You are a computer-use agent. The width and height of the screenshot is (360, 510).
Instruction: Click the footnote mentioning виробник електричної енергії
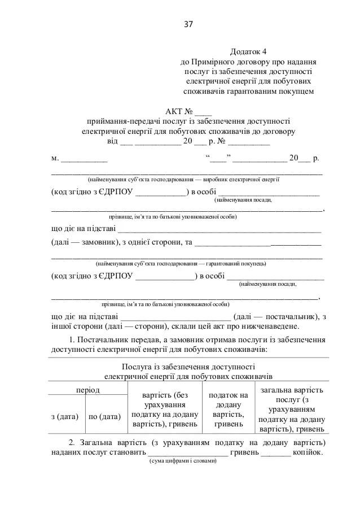click(x=183, y=179)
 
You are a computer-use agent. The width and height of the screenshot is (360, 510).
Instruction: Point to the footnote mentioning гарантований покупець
click(x=182, y=264)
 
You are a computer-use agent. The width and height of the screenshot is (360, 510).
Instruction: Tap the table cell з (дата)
click(x=64, y=416)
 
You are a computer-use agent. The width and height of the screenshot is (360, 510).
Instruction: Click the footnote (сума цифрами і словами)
click(x=182, y=461)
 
